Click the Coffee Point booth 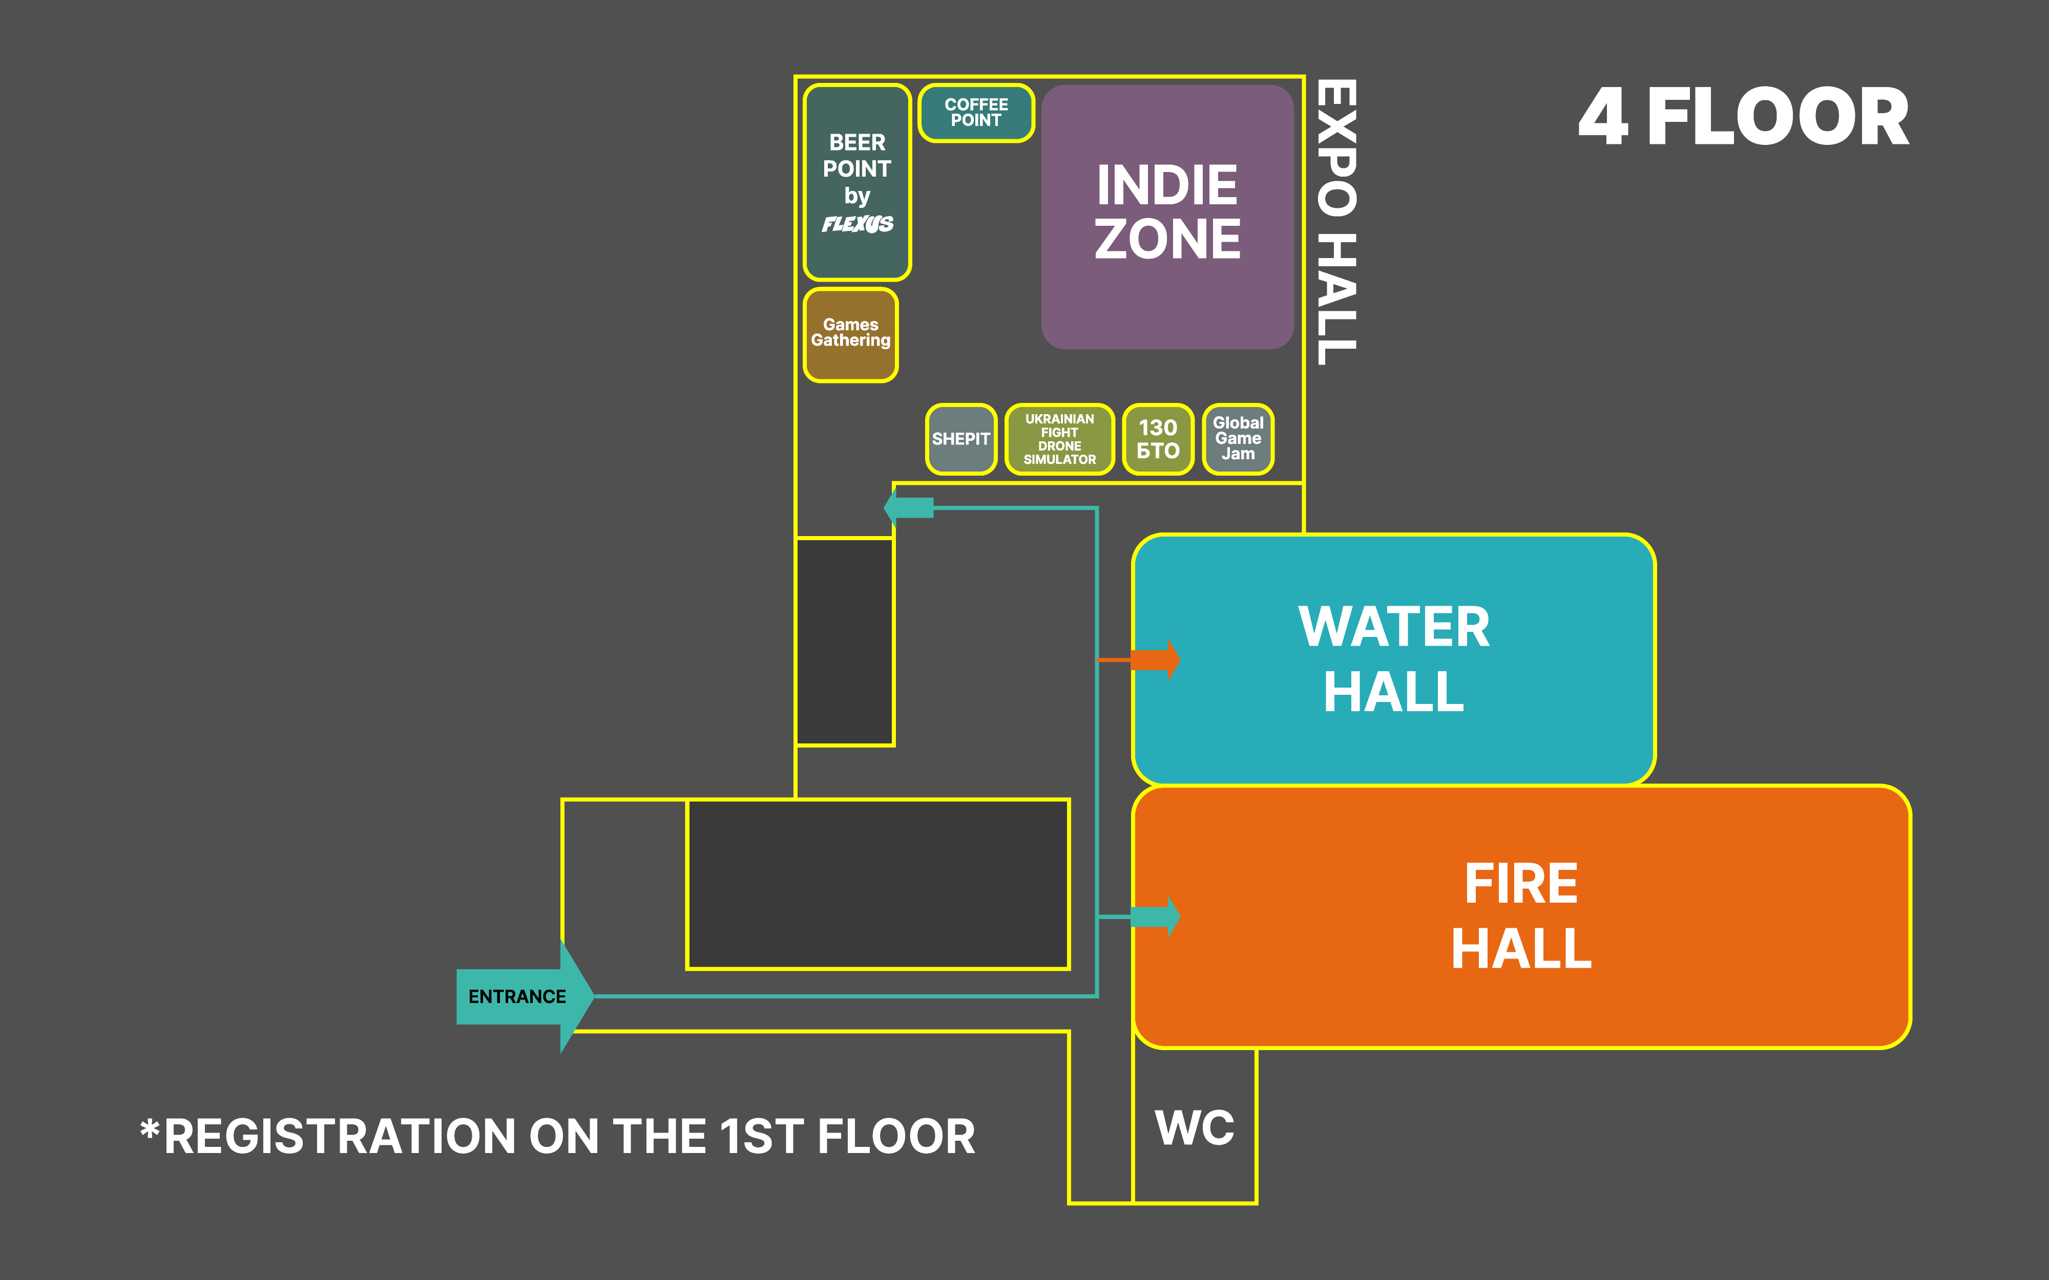point(976,113)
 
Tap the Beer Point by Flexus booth point(857,182)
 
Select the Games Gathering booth point(850,334)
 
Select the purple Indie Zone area point(1167,216)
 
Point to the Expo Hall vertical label point(1337,222)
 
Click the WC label point(1195,1127)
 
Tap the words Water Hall point(1394,658)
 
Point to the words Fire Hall point(1521,916)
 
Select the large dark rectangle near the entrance point(878,884)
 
